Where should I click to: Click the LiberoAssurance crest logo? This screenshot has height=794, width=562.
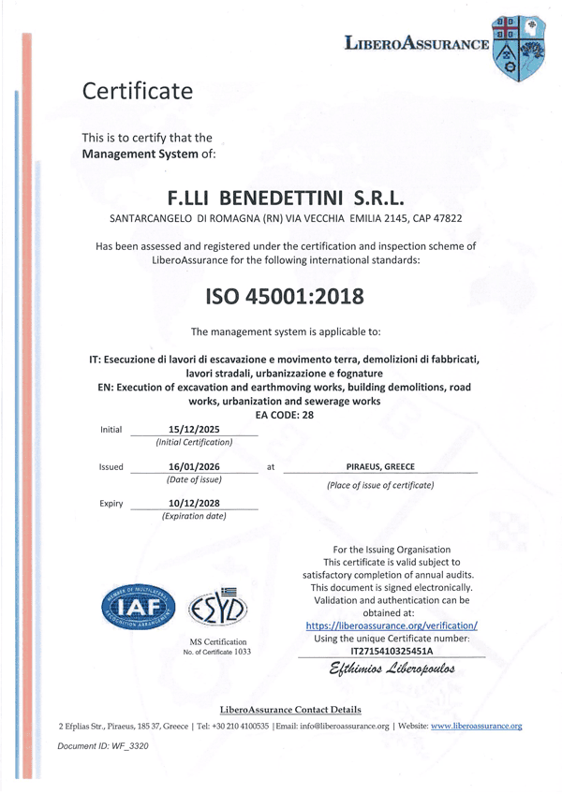518,48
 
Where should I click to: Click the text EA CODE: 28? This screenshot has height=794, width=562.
284,414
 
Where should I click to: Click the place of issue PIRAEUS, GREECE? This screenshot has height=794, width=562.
380,466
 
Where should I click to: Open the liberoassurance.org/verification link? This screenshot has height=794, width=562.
392,625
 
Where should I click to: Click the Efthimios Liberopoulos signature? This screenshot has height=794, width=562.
392,670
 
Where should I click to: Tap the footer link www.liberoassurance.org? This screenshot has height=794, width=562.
476,726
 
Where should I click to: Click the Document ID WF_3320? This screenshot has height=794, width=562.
103,745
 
